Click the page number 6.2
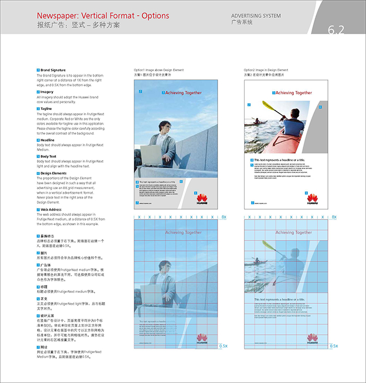(x=336, y=30)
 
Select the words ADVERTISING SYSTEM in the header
(x=256, y=16)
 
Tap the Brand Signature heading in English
(x=53, y=70)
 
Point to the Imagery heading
(x=47, y=92)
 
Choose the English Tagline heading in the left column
(x=46, y=108)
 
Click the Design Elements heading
(x=54, y=173)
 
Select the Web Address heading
(x=51, y=210)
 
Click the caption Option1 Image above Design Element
(x=159, y=70)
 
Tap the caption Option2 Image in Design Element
(x=266, y=70)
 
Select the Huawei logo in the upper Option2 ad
(x=313, y=199)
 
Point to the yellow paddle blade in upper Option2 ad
(x=268, y=105)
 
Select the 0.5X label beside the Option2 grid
(x=334, y=346)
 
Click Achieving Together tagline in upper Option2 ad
(x=293, y=93)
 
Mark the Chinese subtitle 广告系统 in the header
(x=242, y=23)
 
